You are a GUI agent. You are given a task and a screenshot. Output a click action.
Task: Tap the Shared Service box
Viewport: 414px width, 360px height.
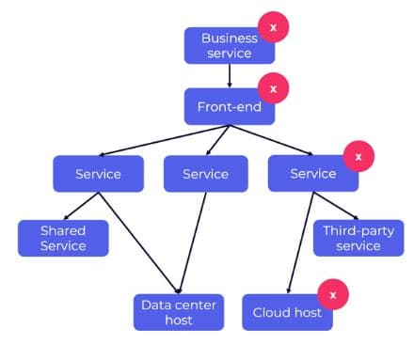(63, 238)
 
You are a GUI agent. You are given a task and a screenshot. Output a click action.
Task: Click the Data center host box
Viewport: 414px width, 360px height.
(179, 312)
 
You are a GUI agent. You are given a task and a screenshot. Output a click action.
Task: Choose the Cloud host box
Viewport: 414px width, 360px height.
(287, 312)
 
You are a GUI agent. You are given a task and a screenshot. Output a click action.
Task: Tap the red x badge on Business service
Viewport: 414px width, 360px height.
(274, 28)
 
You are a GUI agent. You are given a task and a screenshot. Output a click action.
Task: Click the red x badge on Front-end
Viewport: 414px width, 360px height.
(274, 88)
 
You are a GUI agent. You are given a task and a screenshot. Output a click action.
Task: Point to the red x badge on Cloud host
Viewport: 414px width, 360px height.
(332, 294)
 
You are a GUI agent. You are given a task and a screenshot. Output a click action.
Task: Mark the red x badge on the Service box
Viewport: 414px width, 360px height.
(357, 155)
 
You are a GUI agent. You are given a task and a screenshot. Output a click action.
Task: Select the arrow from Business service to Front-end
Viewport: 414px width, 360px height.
(230, 75)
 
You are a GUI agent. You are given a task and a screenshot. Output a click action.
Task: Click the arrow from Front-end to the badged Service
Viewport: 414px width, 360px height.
(273, 139)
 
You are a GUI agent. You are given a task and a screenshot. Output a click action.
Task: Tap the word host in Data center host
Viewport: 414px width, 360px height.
(178, 321)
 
